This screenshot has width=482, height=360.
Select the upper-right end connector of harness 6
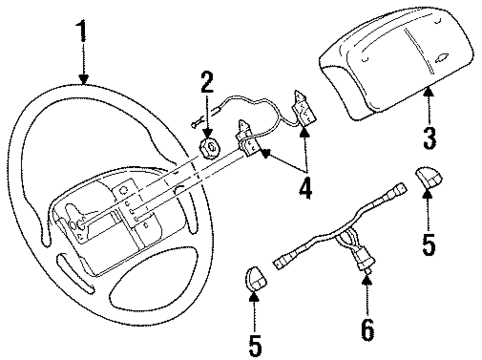[399, 189]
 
